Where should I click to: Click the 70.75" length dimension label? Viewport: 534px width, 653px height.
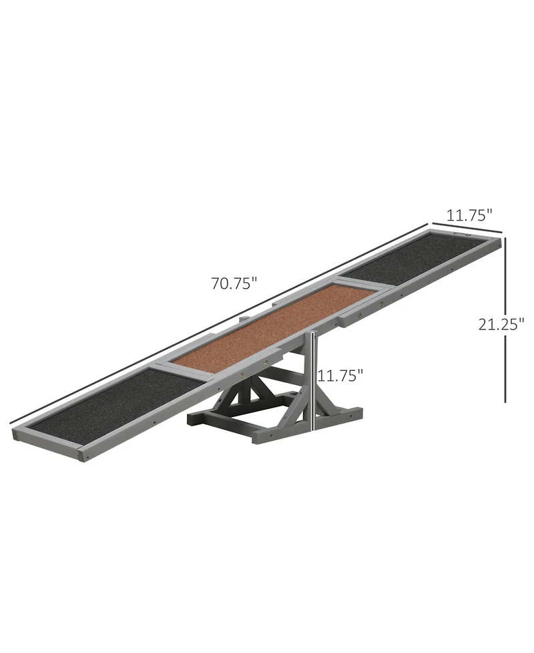234,283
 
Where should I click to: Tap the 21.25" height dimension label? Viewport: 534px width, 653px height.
501,324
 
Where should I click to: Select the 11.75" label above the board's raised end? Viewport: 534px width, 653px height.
469,215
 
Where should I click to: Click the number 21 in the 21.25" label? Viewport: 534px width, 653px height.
486,324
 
